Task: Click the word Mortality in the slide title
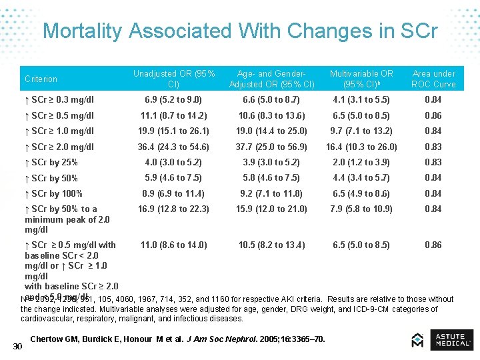[x=83, y=31]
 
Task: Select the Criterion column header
[x=41, y=79]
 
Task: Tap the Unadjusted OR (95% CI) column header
[x=173, y=79]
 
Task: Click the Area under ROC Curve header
[x=433, y=79]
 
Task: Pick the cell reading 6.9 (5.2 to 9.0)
[x=173, y=100]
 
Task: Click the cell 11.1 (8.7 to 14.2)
[x=173, y=115]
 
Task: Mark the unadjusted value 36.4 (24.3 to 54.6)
[x=173, y=147]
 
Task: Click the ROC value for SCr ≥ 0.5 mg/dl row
[x=433, y=115]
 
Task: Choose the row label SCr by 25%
[x=51, y=163]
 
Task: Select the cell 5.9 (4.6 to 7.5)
[x=173, y=178]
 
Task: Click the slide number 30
[x=18, y=345]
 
